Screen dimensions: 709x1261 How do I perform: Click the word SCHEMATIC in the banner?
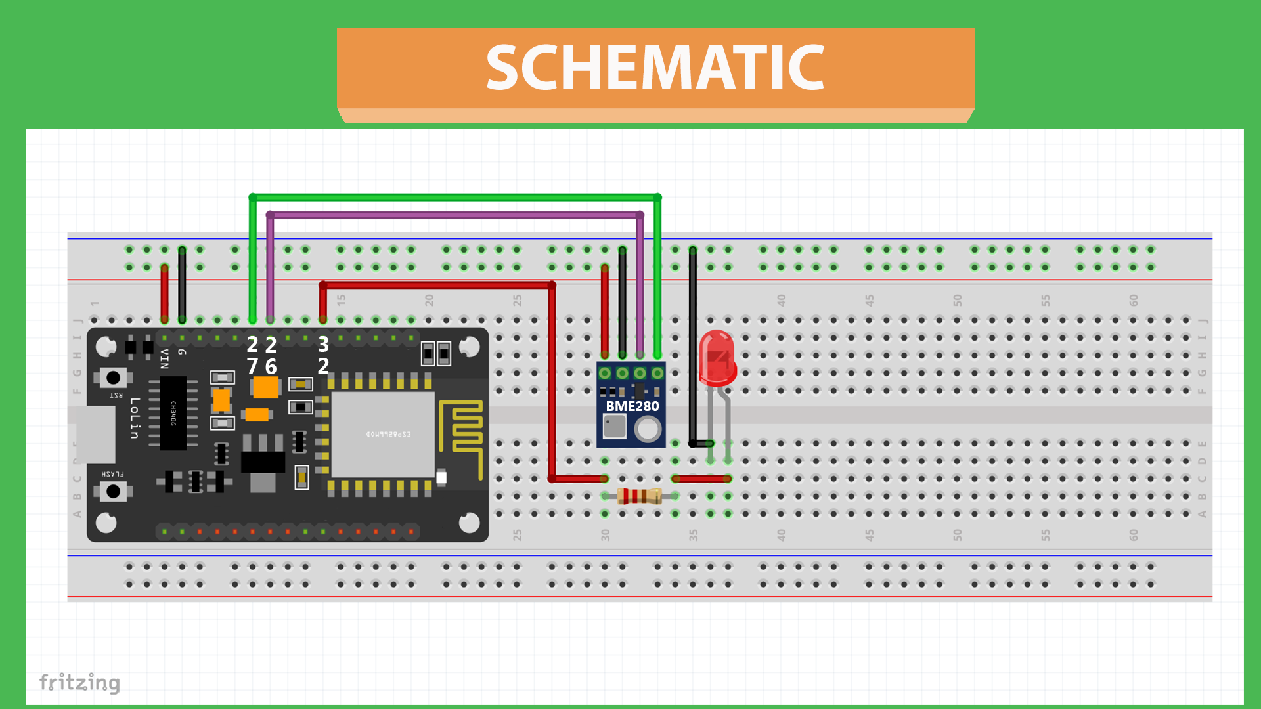[655, 68]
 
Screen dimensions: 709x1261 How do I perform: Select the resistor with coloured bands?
[639, 496]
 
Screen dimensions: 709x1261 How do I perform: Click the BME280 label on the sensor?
[632, 406]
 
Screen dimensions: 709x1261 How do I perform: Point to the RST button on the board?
[113, 377]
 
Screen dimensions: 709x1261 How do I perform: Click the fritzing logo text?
[79, 683]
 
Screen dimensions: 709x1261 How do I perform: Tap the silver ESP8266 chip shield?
[383, 435]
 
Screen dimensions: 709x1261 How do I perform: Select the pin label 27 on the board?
[252, 355]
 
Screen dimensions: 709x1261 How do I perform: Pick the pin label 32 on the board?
[323, 355]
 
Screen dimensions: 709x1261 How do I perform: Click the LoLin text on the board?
[135, 418]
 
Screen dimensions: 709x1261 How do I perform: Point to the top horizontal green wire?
[454, 197]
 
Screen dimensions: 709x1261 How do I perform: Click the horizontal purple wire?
[454, 215]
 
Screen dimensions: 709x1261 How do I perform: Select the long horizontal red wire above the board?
[437, 285]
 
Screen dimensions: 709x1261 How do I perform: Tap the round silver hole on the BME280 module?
[648, 430]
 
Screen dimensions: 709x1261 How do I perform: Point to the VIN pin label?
[164, 359]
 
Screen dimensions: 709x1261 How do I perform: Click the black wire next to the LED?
[692, 348]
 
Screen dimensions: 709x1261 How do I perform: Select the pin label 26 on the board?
[271, 355]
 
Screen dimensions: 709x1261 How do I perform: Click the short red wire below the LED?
[701, 479]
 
